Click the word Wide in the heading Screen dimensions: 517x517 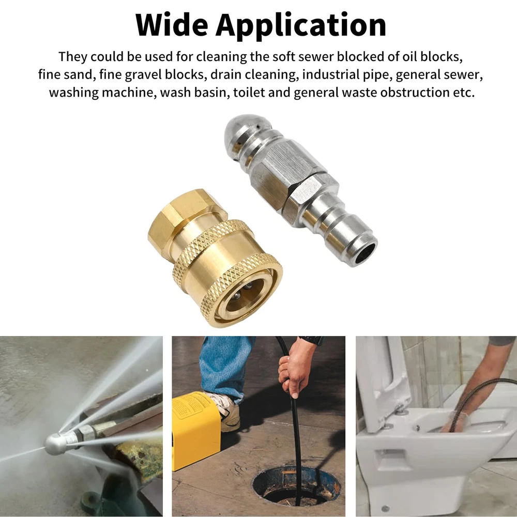coord(172,25)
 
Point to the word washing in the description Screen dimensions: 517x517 coord(73,93)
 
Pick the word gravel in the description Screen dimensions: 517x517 coord(143,75)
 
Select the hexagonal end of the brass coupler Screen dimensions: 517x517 coord(175,219)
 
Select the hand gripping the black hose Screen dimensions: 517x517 coord(295,366)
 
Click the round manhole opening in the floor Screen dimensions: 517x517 coord(296,489)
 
